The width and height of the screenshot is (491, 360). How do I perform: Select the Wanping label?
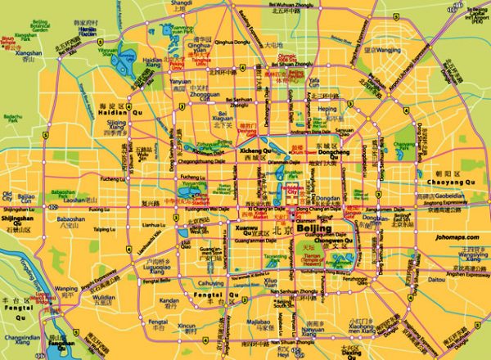point(66,289)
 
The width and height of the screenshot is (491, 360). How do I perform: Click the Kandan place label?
point(169,301)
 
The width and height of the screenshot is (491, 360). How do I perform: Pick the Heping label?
point(327,108)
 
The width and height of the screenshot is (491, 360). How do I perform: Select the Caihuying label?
point(211,283)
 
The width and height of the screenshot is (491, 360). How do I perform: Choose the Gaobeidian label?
point(448,197)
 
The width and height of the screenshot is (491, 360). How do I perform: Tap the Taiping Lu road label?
point(103,229)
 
